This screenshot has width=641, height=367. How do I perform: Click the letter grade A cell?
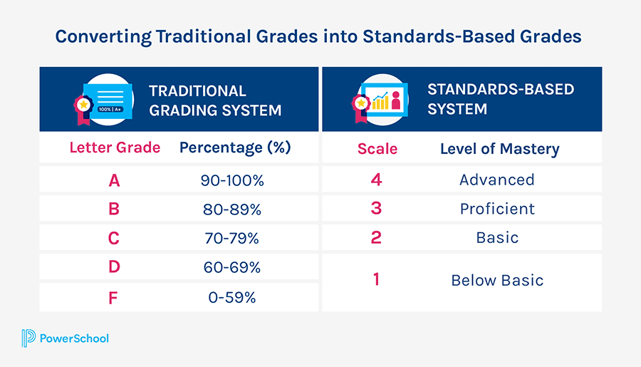[114, 180]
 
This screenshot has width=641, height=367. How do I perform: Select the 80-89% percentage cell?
[232, 210]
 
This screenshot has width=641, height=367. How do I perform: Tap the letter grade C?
[114, 239]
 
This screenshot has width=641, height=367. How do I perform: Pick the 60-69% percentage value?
[232, 268]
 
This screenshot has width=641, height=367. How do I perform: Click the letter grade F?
[114, 297]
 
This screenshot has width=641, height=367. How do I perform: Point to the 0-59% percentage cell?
[232, 297]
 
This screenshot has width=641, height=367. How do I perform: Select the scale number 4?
[377, 180]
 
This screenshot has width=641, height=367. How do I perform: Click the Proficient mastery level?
[497, 209]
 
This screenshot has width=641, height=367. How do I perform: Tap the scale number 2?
[377, 237]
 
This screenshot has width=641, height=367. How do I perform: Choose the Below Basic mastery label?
[497, 281]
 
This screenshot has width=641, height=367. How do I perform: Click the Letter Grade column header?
[115, 148]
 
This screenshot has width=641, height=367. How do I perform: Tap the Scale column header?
[377, 149]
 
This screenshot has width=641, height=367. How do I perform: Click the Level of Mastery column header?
[499, 149]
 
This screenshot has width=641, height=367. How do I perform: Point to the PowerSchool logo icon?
[29, 338]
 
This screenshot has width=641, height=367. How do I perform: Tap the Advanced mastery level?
[497, 180]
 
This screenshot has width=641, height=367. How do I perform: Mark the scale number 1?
[377, 280]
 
